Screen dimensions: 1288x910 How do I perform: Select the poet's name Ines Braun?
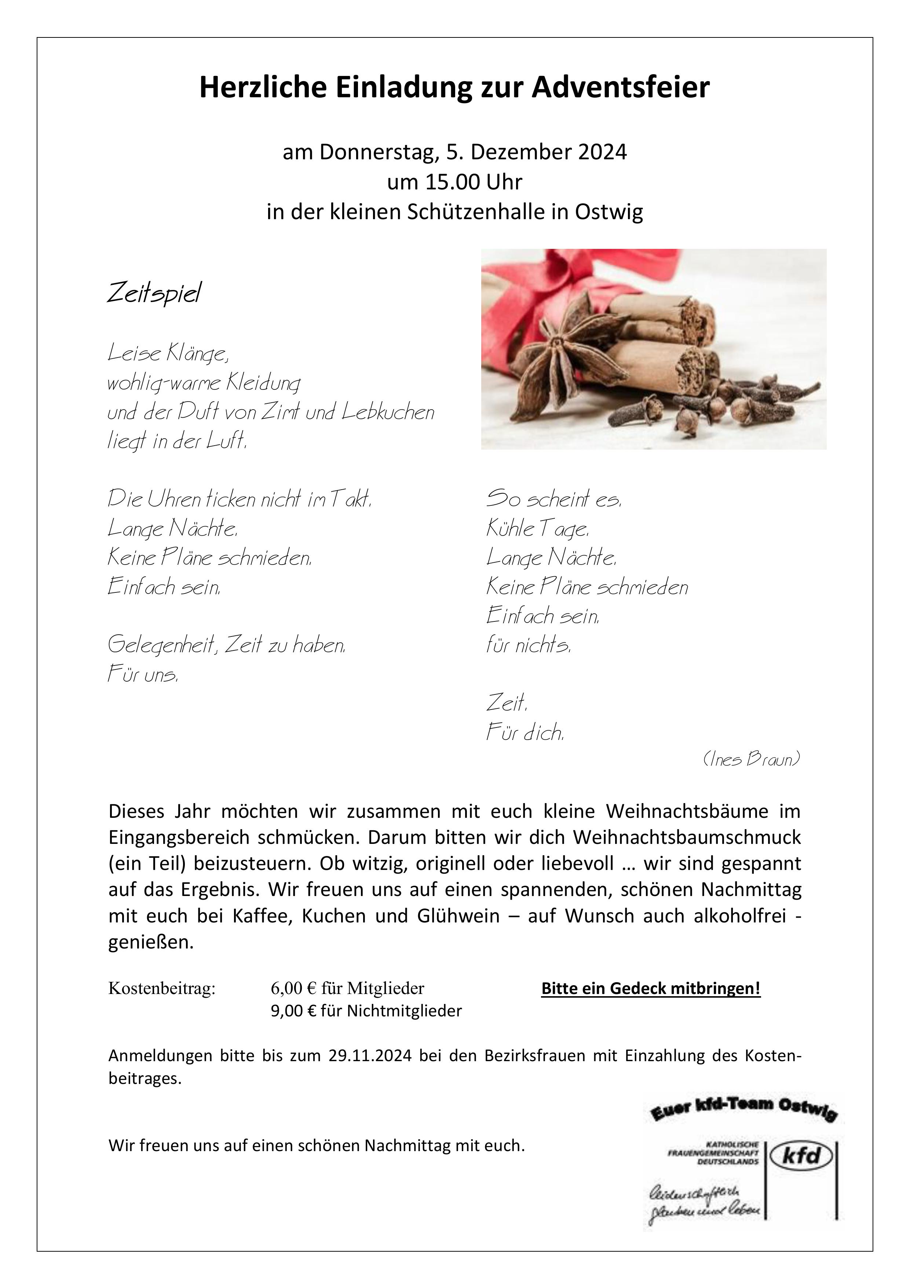751,759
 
